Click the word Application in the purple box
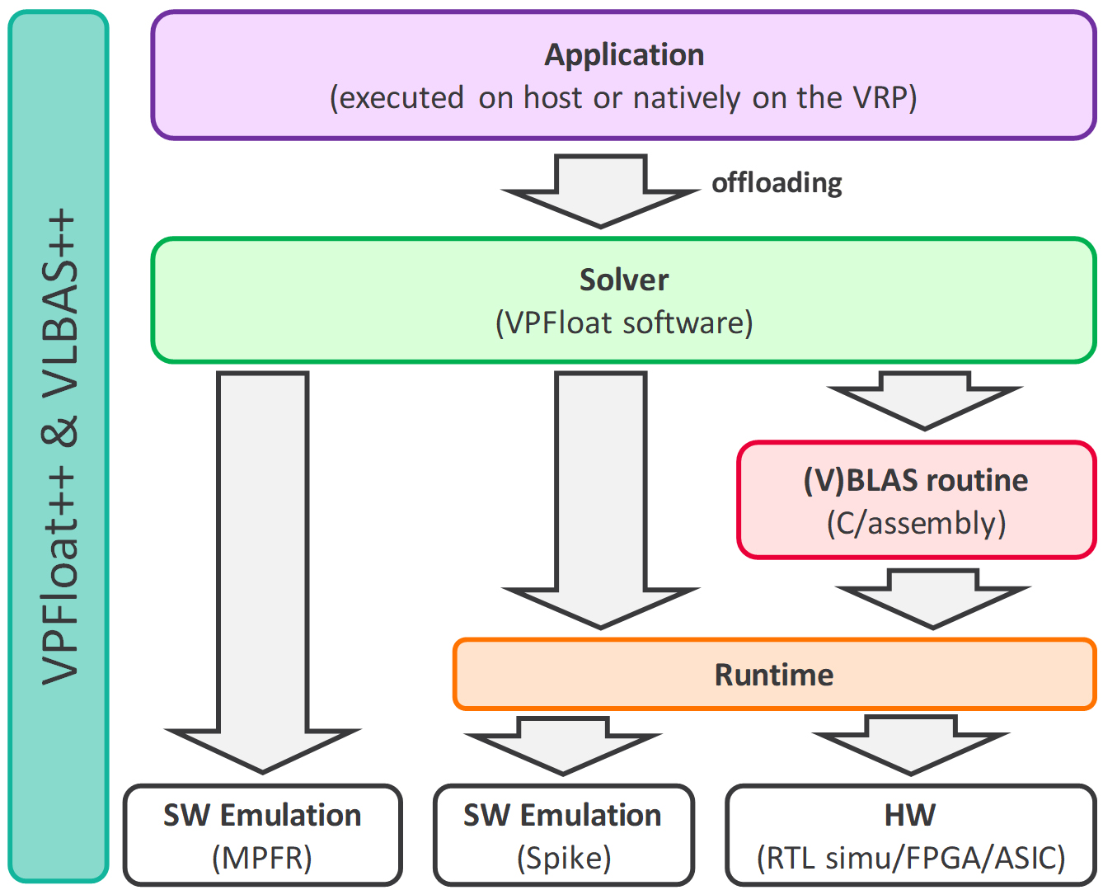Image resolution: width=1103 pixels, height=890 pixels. [624, 55]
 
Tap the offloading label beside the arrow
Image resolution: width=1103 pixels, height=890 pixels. [777, 182]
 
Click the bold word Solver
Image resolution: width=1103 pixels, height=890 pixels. [623, 280]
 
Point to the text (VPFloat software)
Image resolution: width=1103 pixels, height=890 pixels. [624, 323]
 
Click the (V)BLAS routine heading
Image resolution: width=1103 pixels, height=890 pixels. [915, 480]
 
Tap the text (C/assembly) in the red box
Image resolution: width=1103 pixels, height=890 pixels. [916, 523]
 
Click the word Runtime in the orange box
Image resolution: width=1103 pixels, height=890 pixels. [773, 675]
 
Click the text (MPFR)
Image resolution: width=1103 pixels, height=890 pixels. [262, 858]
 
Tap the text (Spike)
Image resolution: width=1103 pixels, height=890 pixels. [564, 858]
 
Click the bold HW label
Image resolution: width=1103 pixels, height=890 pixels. [910, 815]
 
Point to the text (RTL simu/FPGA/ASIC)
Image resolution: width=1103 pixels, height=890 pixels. [911, 858]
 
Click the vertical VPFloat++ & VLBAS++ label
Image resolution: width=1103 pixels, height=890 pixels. [59, 445]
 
